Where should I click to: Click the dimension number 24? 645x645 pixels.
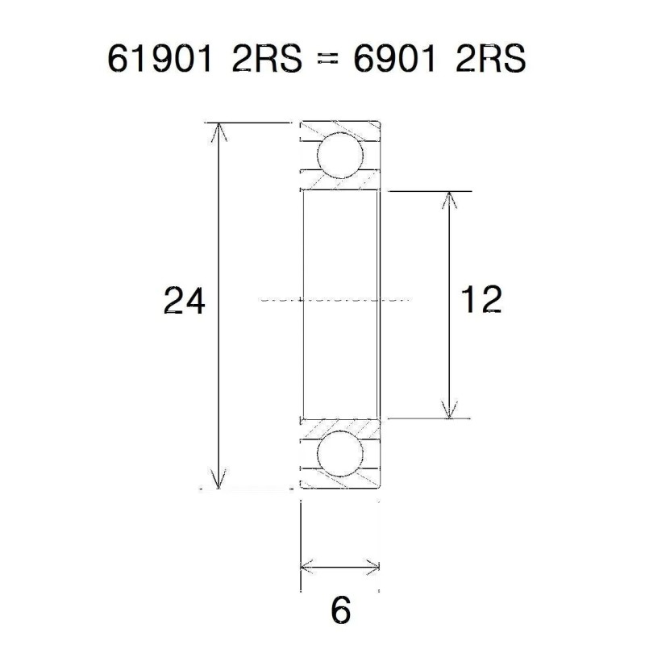tap(185, 301)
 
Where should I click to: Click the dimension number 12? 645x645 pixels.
tap(481, 300)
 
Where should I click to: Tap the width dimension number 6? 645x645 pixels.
tap(341, 610)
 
